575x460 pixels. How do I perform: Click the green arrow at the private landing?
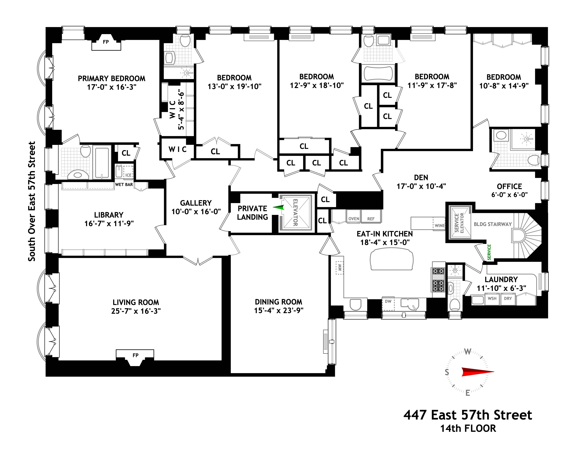pos(279,207)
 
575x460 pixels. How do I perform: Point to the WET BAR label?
pos(124,184)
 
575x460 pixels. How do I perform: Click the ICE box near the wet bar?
pos(128,175)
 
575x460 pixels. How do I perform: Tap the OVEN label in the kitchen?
pos(354,218)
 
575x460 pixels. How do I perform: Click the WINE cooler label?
pos(439,225)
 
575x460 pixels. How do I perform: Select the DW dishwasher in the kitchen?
pos(388,301)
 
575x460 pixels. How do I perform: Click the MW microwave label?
pos(340,268)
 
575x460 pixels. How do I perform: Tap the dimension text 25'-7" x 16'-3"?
pos(136,311)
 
